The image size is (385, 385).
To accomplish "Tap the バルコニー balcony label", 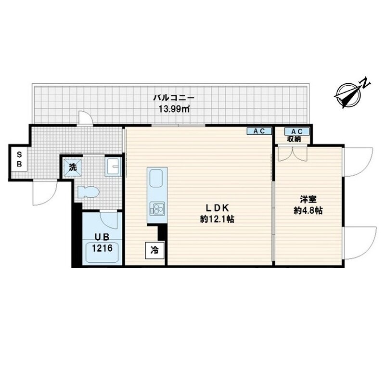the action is tap(174, 98).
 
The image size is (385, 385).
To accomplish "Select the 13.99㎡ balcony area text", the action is tap(174, 109).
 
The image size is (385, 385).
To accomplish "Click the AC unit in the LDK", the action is tap(259, 131).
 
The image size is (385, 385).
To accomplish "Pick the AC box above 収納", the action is tap(297, 131).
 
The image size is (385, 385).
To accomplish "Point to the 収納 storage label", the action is tap(294, 139).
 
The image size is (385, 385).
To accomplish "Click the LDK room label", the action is tap(218, 208).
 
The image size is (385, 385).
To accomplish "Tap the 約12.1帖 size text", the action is tap(218, 219).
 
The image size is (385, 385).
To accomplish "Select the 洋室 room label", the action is tap(308, 199).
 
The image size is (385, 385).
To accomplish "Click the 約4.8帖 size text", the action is tap(308, 210).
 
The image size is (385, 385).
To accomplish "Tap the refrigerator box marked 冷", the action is tap(154, 250).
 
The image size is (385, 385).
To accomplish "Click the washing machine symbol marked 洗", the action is tap(73, 167).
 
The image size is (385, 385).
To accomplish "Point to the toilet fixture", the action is tap(88, 192).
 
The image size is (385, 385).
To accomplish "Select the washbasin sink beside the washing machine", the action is tap(113, 167).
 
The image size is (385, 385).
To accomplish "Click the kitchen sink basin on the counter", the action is tap(156, 178).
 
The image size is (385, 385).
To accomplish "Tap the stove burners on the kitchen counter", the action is tap(157, 208).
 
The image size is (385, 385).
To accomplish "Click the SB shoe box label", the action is tap(19, 159).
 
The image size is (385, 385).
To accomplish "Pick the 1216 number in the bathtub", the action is tap(102, 248).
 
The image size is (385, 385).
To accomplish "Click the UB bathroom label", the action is tap(102, 237).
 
